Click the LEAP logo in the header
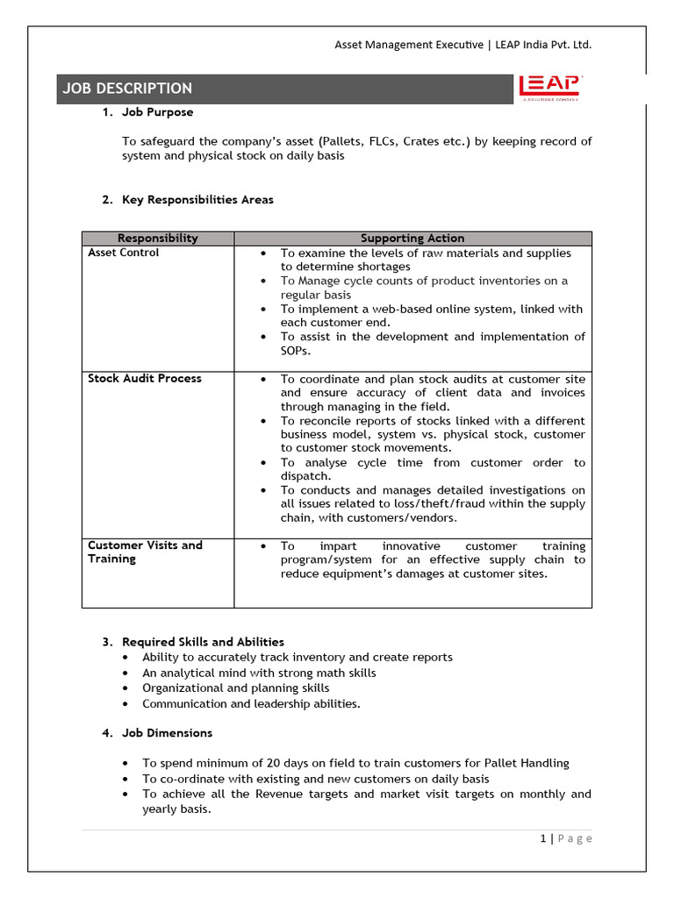point(549,88)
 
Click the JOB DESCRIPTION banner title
point(127,89)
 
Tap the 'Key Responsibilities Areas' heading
point(197,199)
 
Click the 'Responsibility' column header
point(158,238)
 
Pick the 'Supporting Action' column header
point(412,238)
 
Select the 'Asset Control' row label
point(124,253)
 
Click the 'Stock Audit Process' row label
point(145,378)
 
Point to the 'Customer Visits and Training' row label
point(145,552)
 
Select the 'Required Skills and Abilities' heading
point(203,642)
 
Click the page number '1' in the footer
point(543,838)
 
